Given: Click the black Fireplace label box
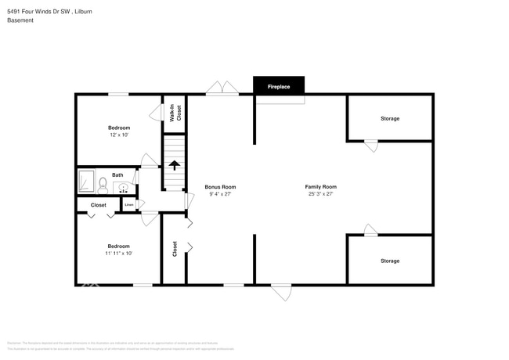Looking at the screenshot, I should (x=279, y=87).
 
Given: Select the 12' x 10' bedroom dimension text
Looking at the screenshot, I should (x=118, y=135).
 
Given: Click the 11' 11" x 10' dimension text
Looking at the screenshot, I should (x=118, y=253).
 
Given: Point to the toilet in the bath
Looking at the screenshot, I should (x=103, y=185).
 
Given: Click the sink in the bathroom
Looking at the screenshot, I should (x=123, y=187).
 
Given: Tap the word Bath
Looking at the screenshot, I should (x=117, y=175).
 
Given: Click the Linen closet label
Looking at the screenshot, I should (x=128, y=205).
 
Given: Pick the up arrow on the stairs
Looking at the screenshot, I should (x=174, y=165).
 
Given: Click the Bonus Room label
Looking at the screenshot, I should (x=220, y=187).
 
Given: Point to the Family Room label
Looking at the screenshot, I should (x=320, y=187).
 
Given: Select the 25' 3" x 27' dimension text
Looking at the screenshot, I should (x=320, y=194).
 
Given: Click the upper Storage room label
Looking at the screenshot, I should (x=390, y=119).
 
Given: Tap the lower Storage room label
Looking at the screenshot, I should (x=390, y=261).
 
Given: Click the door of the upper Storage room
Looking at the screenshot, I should (x=371, y=146).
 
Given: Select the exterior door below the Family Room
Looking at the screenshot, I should (x=282, y=292).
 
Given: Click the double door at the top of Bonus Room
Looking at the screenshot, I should (x=222, y=88).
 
